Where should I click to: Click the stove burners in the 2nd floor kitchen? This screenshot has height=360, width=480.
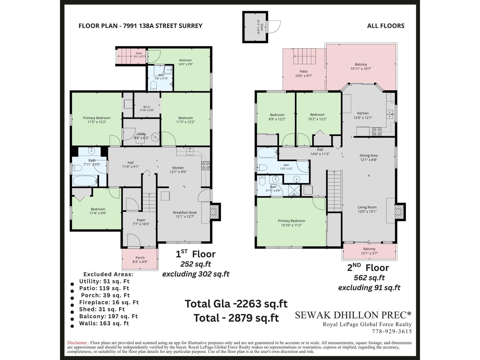[x=377, y=132]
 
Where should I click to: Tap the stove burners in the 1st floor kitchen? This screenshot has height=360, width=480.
[x=205, y=166]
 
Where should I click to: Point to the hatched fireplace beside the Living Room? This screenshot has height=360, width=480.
[x=399, y=212]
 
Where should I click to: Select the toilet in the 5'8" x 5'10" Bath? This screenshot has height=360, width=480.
[x=154, y=85]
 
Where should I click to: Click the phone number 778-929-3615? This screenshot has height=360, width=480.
[x=392, y=331]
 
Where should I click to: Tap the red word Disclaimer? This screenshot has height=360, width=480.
[x=77, y=343]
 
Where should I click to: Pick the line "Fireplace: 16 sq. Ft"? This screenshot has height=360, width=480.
[x=109, y=302]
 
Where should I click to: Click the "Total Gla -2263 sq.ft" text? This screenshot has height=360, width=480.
[x=236, y=304]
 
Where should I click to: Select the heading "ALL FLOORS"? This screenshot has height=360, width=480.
[x=386, y=26]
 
